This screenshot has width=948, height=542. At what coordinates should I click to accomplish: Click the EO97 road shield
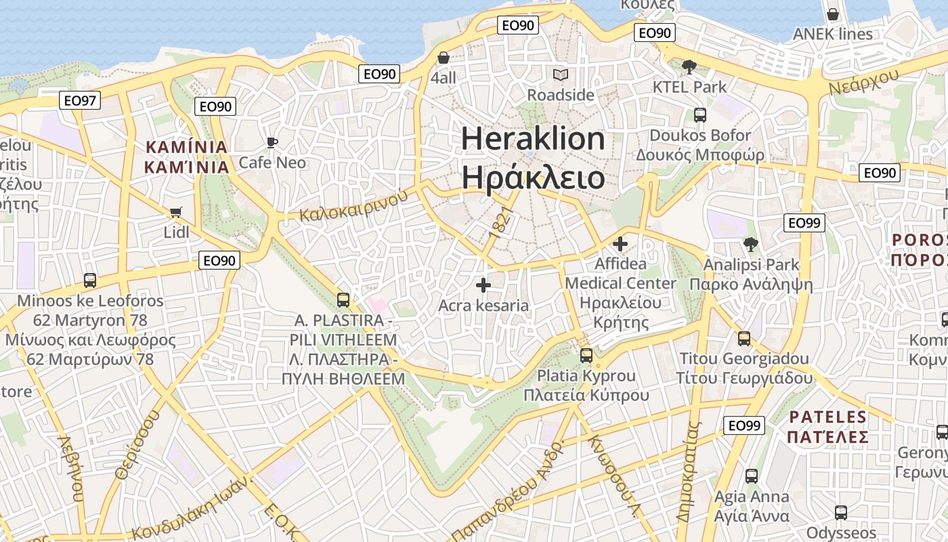click(x=80, y=101)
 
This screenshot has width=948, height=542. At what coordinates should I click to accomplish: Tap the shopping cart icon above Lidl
click(x=176, y=213)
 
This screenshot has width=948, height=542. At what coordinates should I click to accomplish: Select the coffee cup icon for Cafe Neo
click(x=272, y=142)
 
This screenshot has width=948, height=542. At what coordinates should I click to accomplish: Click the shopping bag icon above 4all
click(x=444, y=58)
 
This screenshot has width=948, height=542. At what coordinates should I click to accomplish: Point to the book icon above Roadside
click(x=561, y=75)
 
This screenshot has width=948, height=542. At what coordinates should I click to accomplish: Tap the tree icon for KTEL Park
click(x=689, y=66)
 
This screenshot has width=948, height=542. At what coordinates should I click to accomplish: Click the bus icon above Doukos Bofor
click(x=700, y=115)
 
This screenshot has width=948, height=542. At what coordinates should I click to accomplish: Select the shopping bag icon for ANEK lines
click(x=833, y=14)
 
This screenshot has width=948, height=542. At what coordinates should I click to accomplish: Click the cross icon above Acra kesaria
click(x=483, y=285)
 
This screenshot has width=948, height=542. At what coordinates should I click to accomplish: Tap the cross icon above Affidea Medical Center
click(x=620, y=243)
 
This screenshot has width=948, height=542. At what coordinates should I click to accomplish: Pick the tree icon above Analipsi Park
click(x=750, y=245)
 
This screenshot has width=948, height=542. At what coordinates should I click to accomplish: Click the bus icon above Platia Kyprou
click(x=586, y=355)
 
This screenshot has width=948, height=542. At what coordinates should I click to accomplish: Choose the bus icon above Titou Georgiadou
click(x=744, y=338)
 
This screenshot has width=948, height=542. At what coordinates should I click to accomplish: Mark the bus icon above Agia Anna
click(x=752, y=476)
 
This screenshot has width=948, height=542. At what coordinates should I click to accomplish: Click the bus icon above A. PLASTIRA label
click(x=343, y=299)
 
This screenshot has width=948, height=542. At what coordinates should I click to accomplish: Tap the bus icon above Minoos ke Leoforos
click(x=89, y=280)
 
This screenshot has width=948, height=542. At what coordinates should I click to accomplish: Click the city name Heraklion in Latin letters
click(x=533, y=139)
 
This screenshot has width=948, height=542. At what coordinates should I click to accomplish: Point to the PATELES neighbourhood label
click(x=827, y=417)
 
